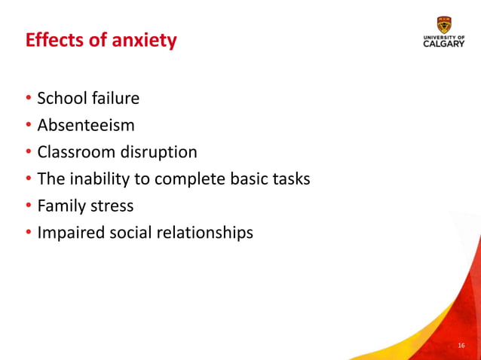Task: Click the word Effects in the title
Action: tap(54, 40)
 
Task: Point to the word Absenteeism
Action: tap(86, 125)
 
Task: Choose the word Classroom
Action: tap(76, 152)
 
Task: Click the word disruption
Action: tap(158, 152)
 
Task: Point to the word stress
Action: tap(112, 206)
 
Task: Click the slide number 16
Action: tap(461, 346)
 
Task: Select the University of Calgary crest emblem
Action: tap(444, 23)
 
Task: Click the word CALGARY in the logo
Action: tap(444, 44)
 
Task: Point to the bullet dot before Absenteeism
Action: tap(29, 126)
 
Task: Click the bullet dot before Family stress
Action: tap(29, 206)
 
